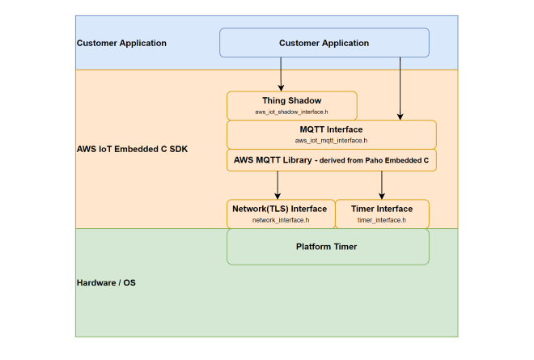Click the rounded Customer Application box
(324, 43)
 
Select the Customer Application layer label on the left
(121, 43)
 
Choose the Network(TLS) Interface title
(281, 209)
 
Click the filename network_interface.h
(281, 219)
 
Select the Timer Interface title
(382, 209)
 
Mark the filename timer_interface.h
(382, 219)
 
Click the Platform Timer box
(327, 247)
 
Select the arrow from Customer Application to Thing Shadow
(282, 74)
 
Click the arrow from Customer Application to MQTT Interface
(400, 89)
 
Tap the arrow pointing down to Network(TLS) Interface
(278, 184)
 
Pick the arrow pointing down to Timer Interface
(382, 184)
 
